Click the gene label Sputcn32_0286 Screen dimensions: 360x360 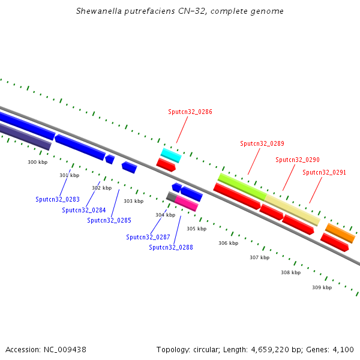pyautogui.click(x=190, y=112)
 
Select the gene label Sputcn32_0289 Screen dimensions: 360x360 pyautogui.click(x=262, y=143)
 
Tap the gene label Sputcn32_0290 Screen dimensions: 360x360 pyautogui.click(x=298, y=160)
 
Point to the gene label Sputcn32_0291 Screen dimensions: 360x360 pyautogui.click(x=325, y=172)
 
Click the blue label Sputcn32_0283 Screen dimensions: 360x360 pyautogui.click(x=58, y=199)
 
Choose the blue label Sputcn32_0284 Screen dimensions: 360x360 pyautogui.click(x=84, y=210)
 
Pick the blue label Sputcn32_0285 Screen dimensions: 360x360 pyautogui.click(x=109, y=220)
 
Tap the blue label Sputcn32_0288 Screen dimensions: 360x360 pyautogui.click(x=171, y=247)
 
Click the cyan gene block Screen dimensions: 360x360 pyautogui.click(x=171, y=155)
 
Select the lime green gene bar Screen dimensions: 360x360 pyautogui.click(x=242, y=187)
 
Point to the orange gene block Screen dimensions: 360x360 pyautogui.click(x=340, y=233)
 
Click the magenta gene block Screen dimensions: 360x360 pyautogui.click(x=187, y=203)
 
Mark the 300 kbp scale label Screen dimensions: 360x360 pyautogui.click(x=37, y=162)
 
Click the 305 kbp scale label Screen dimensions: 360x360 pyautogui.click(x=196, y=229)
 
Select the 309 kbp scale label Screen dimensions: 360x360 pyautogui.click(x=322, y=287)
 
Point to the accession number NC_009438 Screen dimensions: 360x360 pyautogui.click(x=65, y=349)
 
